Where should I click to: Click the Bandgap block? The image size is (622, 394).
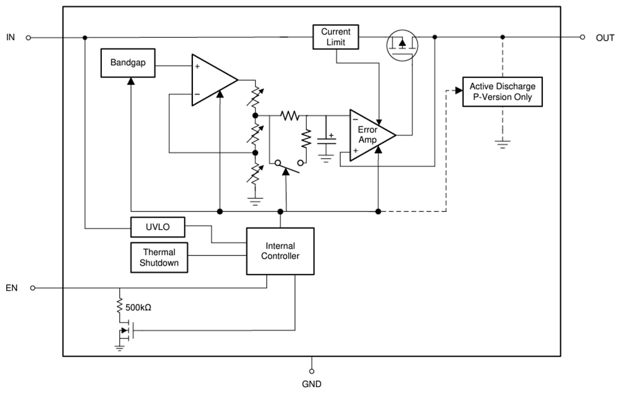(x=128, y=63)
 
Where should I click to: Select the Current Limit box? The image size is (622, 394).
(x=336, y=37)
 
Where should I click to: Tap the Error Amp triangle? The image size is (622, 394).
(x=369, y=135)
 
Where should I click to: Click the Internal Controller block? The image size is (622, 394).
(x=280, y=251)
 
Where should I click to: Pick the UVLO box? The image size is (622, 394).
(x=157, y=227)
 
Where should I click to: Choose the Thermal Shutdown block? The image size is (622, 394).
(x=159, y=257)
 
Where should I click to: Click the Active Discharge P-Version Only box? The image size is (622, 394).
(x=502, y=92)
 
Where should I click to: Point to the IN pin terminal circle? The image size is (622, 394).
(x=28, y=38)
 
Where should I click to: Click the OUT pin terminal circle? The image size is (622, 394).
(x=582, y=37)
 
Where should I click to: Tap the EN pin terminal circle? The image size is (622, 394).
(x=32, y=288)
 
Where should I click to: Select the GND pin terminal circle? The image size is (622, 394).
(x=312, y=371)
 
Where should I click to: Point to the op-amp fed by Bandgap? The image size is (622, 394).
(x=212, y=80)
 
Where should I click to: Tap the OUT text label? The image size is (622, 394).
(x=604, y=38)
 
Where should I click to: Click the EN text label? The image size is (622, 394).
(x=12, y=288)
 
